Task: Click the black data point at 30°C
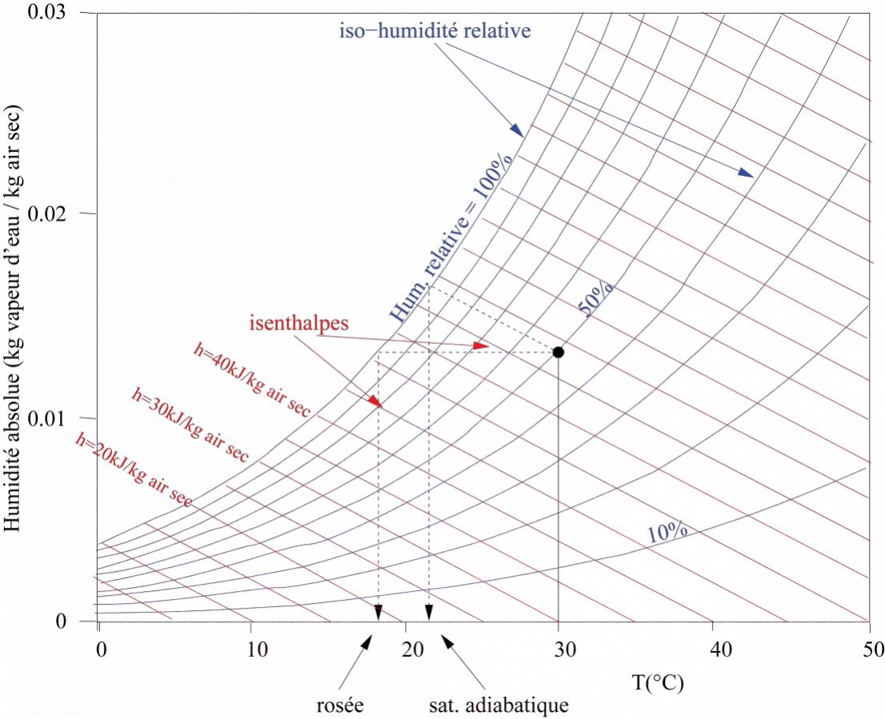click(x=558, y=352)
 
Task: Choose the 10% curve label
click(x=667, y=530)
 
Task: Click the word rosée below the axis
click(x=340, y=706)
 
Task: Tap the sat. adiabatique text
click(x=498, y=706)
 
